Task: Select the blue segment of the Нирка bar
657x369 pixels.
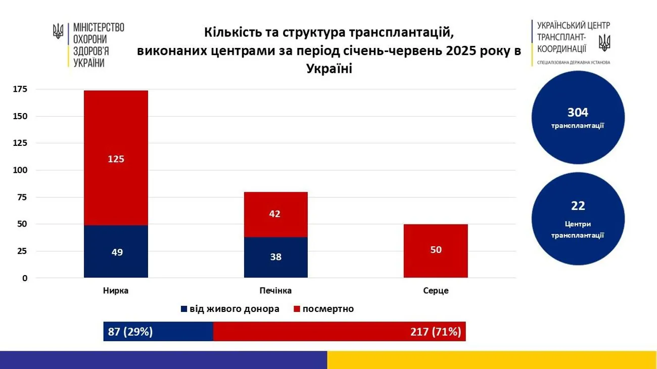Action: pyautogui.click(x=116, y=251)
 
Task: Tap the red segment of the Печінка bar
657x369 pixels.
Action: pyautogui.click(x=275, y=214)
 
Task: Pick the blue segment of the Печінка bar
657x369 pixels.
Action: pyautogui.click(x=275, y=256)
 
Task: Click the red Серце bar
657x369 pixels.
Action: pyautogui.click(x=436, y=250)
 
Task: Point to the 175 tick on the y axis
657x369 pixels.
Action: pyautogui.click(x=21, y=89)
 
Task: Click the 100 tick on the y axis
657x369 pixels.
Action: pyautogui.click(x=21, y=170)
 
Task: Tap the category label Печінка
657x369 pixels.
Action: pyautogui.click(x=275, y=291)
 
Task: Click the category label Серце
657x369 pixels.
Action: pyautogui.click(x=436, y=291)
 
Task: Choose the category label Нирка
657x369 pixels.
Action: pyautogui.click(x=116, y=291)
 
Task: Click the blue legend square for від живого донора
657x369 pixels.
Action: pyautogui.click(x=184, y=309)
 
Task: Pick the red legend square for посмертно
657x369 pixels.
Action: pyautogui.click(x=297, y=309)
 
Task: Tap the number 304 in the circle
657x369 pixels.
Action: pyautogui.click(x=578, y=113)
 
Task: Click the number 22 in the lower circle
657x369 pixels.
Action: pyautogui.click(x=578, y=206)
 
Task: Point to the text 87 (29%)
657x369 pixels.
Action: pyautogui.click(x=130, y=332)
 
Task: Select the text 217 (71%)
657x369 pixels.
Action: pyautogui.click(x=436, y=332)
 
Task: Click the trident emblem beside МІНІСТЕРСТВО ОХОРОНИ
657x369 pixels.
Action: pyautogui.click(x=58, y=32)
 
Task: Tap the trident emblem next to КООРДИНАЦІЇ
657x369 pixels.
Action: pyautogui.click(x=604, y=42)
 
